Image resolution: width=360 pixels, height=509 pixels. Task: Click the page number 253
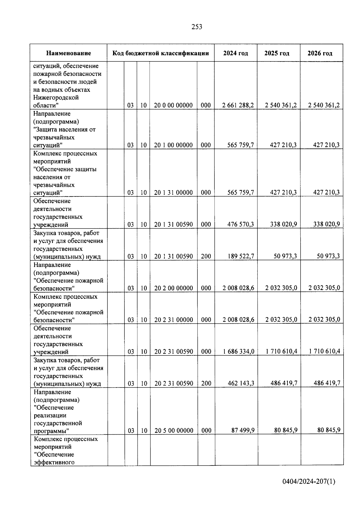197,27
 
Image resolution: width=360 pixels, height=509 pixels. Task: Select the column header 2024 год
235,53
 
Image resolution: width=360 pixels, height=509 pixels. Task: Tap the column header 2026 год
320,53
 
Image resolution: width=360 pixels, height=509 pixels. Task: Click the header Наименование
68,53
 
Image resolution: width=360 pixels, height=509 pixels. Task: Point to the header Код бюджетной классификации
160,53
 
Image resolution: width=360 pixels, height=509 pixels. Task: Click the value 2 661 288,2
238,105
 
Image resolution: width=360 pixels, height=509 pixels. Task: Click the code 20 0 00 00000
173,105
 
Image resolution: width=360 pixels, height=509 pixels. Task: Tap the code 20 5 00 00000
174,431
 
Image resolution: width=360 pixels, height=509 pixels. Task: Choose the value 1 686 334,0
238,352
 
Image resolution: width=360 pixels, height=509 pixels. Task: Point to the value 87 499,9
243,430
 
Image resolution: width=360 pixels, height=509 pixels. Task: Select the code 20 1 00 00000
173,145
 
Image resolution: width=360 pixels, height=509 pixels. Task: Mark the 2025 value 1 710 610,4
281,352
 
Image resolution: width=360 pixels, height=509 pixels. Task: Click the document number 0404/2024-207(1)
309,482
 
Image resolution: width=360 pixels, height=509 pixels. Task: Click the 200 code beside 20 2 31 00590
206,383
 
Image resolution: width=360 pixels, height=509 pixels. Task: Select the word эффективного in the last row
54,462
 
